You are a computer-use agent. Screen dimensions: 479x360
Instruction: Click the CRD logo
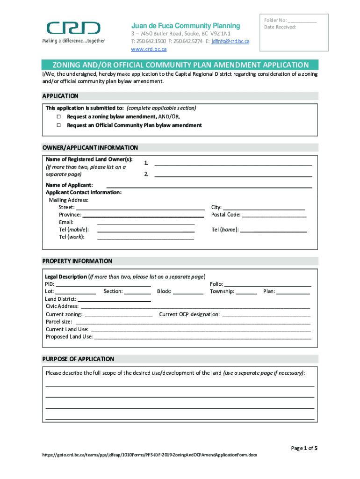point(73,29)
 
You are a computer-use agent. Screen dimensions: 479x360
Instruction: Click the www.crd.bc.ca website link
point(149,49)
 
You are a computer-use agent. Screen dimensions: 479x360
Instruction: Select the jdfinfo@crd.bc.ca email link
point(230,42)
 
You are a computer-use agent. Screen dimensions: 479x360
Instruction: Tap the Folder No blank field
point(302,21)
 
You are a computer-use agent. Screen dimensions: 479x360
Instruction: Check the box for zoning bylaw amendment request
point(59,116)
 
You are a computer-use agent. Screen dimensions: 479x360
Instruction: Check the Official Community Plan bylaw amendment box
point(59,125)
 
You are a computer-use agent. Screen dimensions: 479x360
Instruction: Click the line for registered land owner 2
point(233,175)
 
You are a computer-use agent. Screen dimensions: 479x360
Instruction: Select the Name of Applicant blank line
point(209,186)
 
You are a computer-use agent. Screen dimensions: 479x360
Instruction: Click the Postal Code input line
point(274,216)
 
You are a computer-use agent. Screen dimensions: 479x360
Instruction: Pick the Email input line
point(145,223)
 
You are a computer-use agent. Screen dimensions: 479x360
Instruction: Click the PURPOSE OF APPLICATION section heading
point(78,359)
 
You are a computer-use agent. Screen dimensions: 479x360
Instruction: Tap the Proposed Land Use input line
point(202,337)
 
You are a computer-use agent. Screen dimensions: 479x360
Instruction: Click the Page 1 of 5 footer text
point(304,448)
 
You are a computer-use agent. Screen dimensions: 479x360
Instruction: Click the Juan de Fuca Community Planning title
point(185,26)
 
